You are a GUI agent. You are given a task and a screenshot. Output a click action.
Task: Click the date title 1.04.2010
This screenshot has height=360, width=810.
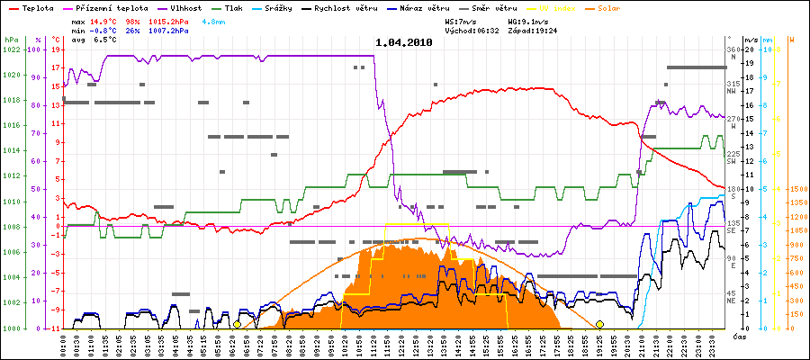[404, 42]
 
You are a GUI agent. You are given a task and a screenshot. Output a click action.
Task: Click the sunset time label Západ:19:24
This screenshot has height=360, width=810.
[533, 31]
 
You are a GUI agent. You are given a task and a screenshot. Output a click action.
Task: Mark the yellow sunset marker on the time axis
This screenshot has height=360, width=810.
[599, 324]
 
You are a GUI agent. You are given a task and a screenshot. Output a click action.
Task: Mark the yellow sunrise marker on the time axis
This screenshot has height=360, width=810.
[237, 324]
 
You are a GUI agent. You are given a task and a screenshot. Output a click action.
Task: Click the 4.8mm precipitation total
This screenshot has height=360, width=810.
[212, 20]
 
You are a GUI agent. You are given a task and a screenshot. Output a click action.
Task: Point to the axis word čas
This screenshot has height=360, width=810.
[737, 337]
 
